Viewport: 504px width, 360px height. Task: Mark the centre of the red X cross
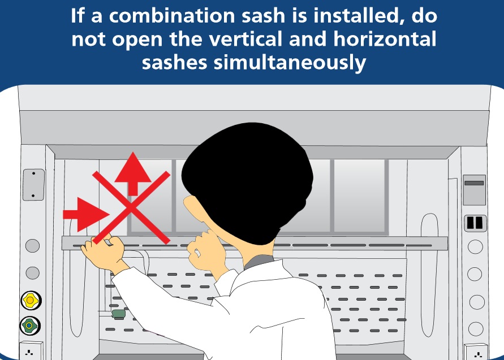131,208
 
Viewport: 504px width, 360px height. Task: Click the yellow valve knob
29,300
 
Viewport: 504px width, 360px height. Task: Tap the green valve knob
29,326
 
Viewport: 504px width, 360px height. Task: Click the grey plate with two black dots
33,184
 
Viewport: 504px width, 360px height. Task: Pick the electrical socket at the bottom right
477,353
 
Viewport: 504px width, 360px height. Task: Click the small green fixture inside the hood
118,313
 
